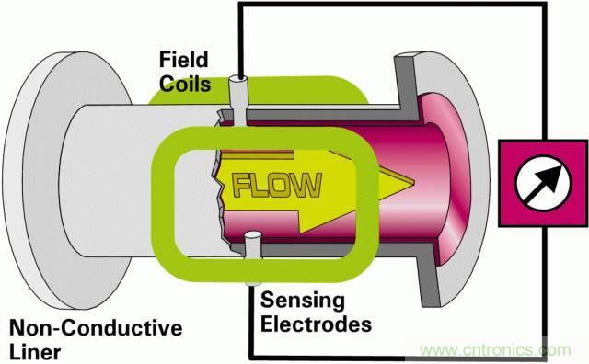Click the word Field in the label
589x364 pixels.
tap(184, 60)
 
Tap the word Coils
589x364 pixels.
tap(185, 84)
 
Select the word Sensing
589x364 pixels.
tap(303, 301)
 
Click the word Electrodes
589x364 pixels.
tap(316, 324)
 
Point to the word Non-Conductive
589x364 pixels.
tap(96, 327)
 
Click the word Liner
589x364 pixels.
tap(35, 352)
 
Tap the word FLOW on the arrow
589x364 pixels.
tap(277, 186)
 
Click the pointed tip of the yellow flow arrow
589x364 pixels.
tap(414, 182)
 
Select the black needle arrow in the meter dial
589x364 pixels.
tap(546, 182)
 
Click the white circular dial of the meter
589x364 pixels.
tap(544, 183)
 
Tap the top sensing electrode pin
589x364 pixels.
tap(238, 100)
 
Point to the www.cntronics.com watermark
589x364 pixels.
tap(495, 350)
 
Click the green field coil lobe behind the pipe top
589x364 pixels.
tap(260, 90)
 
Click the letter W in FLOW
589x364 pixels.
tap(306, 185)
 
